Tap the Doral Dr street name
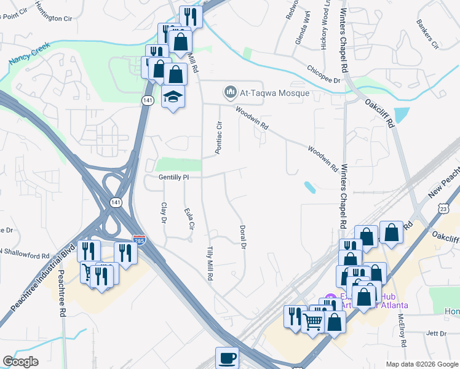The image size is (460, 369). [x=242, y=236]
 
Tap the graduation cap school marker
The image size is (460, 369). [x=173, y=97]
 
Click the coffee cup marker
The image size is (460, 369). [x=226, y=357]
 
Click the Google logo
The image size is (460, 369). [x=20, y=362]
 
